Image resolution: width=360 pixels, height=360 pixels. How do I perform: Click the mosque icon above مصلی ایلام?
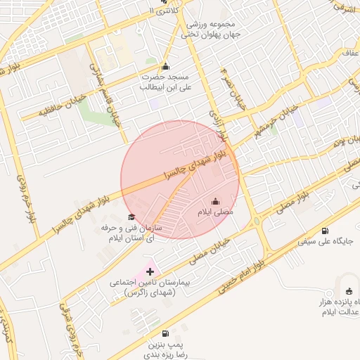pyautogui.click(x=215, y=201)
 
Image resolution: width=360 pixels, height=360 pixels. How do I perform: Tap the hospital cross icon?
pyautogui.click(x=150, y=271)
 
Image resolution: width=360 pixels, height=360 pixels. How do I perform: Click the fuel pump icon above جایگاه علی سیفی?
pyautogui.click(x=324, y=231)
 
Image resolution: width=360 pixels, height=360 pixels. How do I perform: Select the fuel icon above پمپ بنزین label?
pyautogui.click(x=165, y=334)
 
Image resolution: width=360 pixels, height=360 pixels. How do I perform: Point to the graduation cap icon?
pyautogui.click(x=131, y=217)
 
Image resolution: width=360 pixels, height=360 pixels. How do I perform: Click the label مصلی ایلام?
pyautogui.click(x=215, y=212)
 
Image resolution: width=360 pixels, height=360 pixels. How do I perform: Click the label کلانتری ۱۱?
pyautogui.click(x=166, y=10)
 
